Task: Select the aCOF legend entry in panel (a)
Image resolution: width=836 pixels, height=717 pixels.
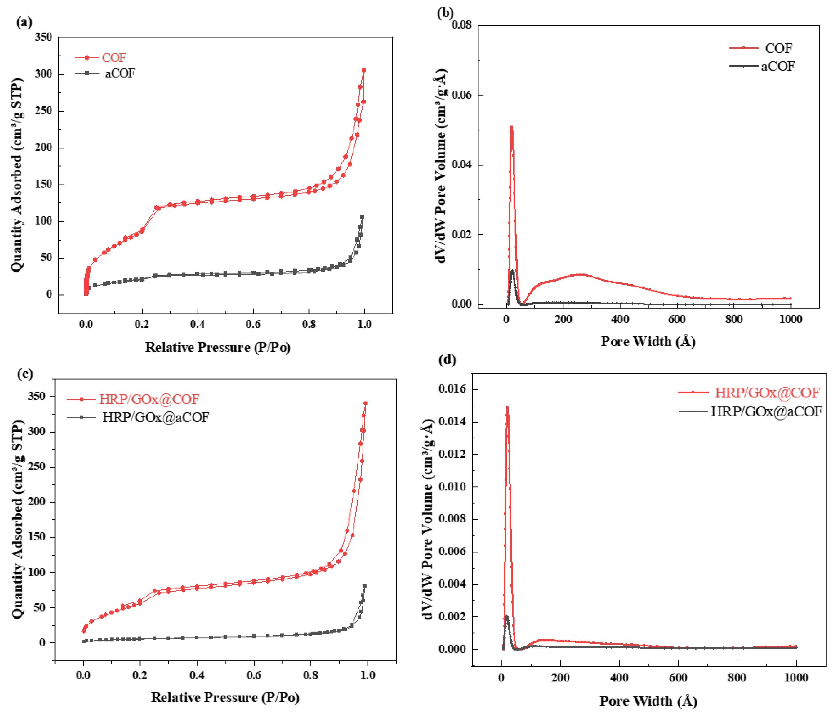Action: point(119,73)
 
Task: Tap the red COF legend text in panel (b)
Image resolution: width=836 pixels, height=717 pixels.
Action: point(778,48)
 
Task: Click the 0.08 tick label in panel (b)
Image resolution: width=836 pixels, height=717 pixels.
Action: point(462,25)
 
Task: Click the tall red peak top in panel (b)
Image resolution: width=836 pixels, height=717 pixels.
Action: point(512,128)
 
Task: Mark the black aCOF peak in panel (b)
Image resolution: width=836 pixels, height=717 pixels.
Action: point(512,271)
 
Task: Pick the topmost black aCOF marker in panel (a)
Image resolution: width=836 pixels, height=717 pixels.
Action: point(362,217)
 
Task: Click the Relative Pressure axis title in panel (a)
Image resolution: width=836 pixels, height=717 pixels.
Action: point(218,347)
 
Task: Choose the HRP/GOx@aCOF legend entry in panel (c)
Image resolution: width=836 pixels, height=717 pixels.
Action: point(155,417)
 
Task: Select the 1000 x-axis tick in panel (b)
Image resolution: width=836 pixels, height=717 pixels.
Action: point(790,319)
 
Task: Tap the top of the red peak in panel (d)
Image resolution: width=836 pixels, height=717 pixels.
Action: point(507,407)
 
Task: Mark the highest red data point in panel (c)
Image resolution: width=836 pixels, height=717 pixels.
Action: point(366,403)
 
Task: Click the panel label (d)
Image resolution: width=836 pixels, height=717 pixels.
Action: point(447,359)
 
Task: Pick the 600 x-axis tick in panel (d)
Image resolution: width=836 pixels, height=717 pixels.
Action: point(678,678)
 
